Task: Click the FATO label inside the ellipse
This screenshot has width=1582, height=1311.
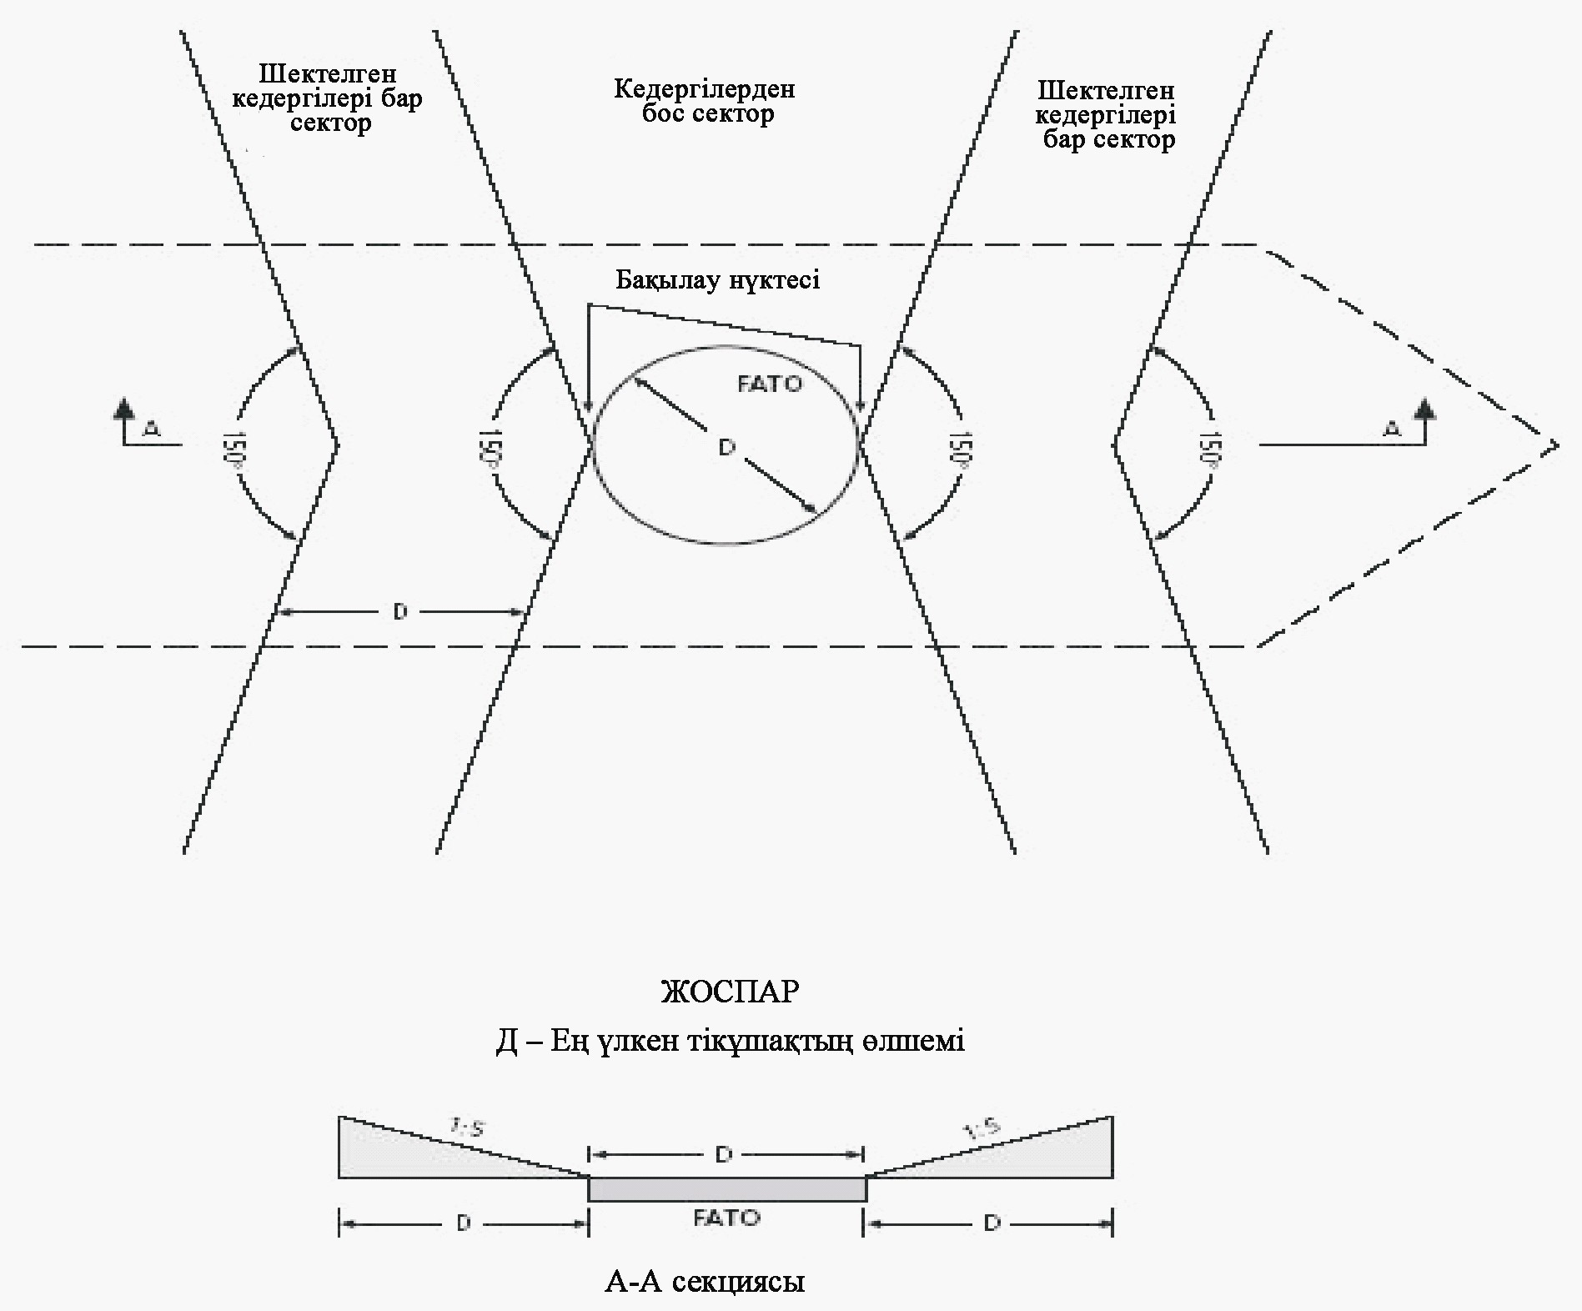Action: [x=769, y=384]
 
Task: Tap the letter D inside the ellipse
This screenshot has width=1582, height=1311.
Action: [x=726, y=448]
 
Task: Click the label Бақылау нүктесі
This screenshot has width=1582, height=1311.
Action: [x=717, y=280]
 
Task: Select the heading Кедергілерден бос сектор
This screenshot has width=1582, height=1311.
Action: [x=706, y=101]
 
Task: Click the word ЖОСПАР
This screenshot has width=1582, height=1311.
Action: [x=730, y=991]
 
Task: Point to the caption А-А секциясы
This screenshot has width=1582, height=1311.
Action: [x=705, y=1280]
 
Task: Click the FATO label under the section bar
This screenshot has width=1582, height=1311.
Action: [x=726, y=1218]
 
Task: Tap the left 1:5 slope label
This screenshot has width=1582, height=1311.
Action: [x=468, y=1129]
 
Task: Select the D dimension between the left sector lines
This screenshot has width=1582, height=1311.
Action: [x=400, y=612]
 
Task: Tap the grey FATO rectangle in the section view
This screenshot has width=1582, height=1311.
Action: [x=727, y=1188]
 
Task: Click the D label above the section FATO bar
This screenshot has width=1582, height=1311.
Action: [x=724, y=1154]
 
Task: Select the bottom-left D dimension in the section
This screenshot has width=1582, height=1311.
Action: [x=464, y=1223]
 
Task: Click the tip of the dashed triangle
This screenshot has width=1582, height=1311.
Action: [x=1556, y=445]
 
